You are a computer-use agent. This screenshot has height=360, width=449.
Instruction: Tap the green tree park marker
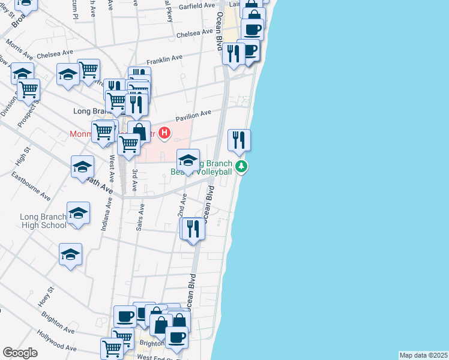pyautogui.click(x=241, y=166)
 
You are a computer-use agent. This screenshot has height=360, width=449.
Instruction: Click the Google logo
pyautogui.click(x=20, y=353)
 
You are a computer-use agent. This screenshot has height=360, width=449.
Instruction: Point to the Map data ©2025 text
pyautogui.click(x=423, y=355)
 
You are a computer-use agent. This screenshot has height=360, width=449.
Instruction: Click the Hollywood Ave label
pyautogui.click(x=57, y=341)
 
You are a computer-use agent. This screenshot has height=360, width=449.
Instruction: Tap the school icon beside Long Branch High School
pyautogui.click(x=78, y=214)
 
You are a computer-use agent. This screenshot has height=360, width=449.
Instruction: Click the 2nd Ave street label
pyautogui.click(x=182, y=205)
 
